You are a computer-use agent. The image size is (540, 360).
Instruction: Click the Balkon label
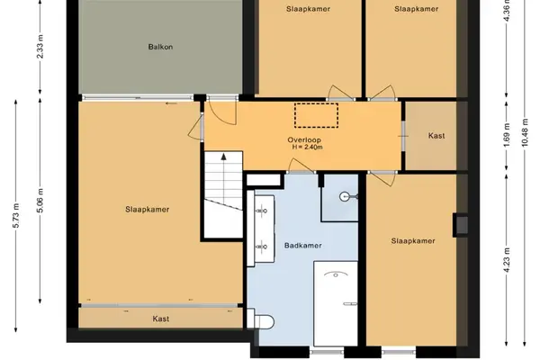pyautogui.click(x=160, y=47)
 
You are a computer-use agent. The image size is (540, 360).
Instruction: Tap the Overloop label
pyautogui.click(x=304, y=139)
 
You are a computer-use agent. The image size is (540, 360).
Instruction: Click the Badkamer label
pyautogui.click(x=303, y=246)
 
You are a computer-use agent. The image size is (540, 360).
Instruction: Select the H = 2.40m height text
pyautogui.click(x=308, y=147)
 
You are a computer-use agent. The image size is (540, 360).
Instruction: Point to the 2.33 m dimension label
pyautogui.click(x=40, y=47)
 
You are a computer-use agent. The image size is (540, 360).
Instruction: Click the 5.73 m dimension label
pyautogui.click(x=16, y=216)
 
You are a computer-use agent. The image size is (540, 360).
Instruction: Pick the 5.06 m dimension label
pyautogui.click(x=40, y=200)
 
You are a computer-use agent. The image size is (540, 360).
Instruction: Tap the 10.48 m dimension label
pyautogui.click(x=525, y=132)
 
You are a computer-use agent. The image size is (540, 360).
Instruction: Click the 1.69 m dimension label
pyautogui.click(x=507, y=135)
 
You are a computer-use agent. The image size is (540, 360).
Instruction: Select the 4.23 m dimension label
pyautogui.click(x=507, y=260)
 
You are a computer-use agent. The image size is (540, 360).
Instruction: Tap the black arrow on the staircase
pyautogui.click(x=224, y=157)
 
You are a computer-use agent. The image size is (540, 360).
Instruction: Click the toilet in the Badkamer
pyautogui.click(x=261, y=322)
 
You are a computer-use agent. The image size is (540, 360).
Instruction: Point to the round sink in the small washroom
pyautogui.click(x=345, y=197)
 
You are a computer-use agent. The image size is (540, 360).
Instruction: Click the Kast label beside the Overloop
pyautogui.click(x=436, y=136)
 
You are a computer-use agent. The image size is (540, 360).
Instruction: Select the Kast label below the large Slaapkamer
pyautogui.click(x=161, y=319)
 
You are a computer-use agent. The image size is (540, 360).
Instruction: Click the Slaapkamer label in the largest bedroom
pyautogui.click(x=148, y=210)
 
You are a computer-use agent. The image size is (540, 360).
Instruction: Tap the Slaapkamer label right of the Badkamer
pyautogui.click(x=413, y=241)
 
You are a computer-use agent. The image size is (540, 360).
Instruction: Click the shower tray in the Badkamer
pyautogui.click(x=336, y=303)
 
